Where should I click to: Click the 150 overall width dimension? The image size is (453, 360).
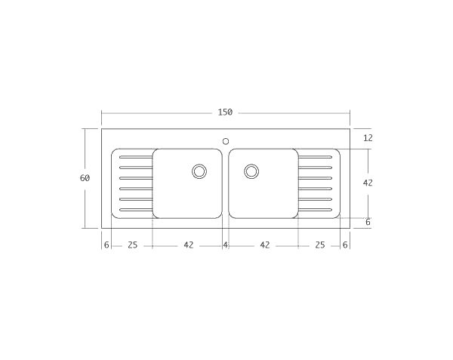pos(225,112)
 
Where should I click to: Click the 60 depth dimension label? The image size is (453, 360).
pos(85,178)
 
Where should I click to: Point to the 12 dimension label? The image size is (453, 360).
pos(368,138)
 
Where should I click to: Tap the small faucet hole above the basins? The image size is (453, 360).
pos(226,140)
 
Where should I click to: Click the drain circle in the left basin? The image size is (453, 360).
pos(199,171)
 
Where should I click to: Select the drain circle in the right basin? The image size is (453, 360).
pos(251,171)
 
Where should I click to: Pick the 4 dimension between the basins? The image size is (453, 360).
pos(225,245)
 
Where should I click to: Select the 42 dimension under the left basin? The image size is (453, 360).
pos(188,245)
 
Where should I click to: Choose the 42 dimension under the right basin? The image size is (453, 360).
pos(265,245)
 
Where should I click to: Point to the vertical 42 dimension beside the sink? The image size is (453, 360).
pos(368,183)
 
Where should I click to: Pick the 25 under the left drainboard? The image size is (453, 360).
pos(132,245)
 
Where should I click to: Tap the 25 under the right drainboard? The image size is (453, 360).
pos(320,245)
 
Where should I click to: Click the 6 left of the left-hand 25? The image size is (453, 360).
pos(106,245)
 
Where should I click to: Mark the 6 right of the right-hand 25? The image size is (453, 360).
pos(345,245)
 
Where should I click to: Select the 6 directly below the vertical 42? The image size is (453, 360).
pos(368,222)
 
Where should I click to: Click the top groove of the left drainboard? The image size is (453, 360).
pos(136,157)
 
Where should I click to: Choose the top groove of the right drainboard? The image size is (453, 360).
pos(315,157)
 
